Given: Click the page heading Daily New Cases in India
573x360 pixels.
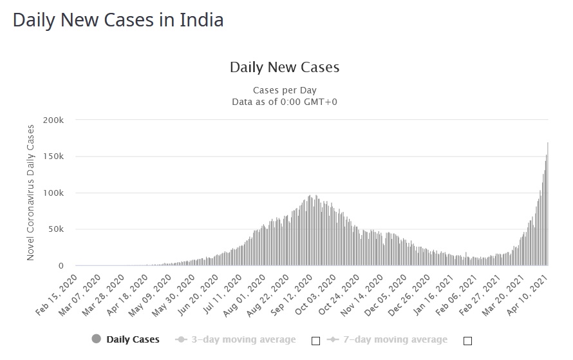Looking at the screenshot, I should coord(118,20).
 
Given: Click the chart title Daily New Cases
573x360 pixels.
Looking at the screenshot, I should coord(285,67).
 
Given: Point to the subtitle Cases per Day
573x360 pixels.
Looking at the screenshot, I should coord(285,90).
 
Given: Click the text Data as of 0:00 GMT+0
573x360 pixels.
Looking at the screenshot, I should coord(285,102).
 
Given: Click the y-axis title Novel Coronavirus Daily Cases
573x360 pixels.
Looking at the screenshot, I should coord(30,193).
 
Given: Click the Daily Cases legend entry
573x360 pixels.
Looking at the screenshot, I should coord(133,339).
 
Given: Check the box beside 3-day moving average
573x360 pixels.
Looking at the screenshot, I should coord(315,341).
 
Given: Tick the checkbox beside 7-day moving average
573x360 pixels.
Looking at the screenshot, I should coord(467,341).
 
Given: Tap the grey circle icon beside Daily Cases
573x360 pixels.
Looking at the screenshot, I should coord(97,339).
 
